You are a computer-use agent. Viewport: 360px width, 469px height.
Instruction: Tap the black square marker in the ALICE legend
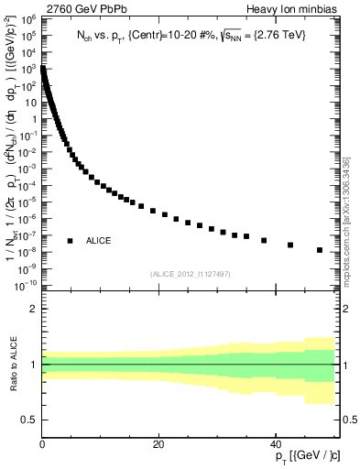point(70,241)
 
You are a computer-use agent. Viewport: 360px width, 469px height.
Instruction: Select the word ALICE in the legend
point(99,241)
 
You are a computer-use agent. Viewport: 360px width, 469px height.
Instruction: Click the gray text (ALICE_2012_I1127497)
point(191,273)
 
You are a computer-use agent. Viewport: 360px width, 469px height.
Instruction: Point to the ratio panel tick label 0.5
point(29,420)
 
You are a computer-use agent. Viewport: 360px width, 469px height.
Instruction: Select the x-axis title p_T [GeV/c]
point(309,456)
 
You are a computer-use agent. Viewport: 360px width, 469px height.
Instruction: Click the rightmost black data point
point(320,250)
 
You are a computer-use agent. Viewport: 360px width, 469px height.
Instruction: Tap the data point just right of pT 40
point(290,245)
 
